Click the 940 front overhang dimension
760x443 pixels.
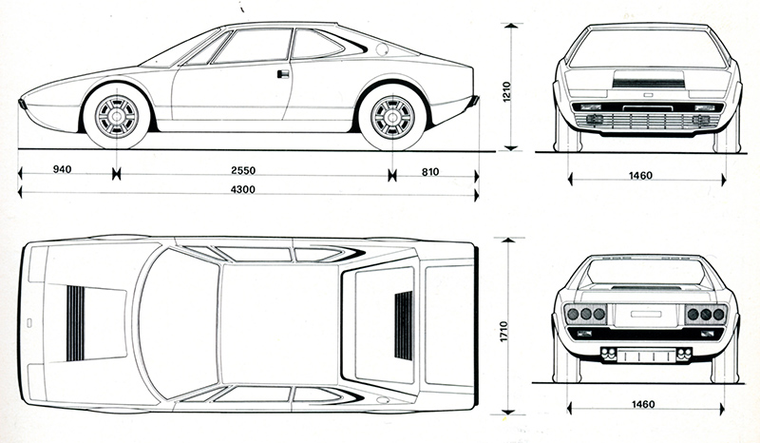click(x=63, y=171)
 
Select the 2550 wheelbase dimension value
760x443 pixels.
click(x=250, y=171)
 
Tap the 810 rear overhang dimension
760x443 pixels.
click(x=431, y=171)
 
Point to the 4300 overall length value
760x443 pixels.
click(x=250, y=190)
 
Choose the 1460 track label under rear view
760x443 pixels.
click(x=643, y=404)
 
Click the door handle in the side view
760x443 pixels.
click(x=282, y=73)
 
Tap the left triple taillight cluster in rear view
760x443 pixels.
click(x=586, y=315)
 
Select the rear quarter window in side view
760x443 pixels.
click(x=315, y=44)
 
